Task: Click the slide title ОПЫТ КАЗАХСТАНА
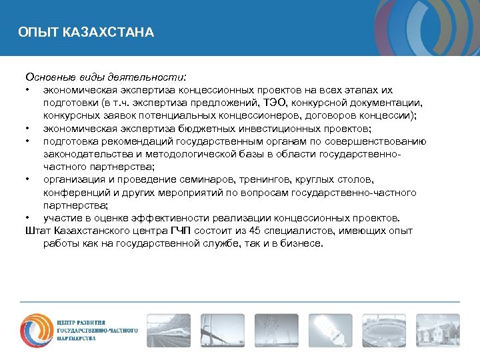pyautogui.click(x=86, y=32)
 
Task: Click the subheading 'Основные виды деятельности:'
pyautogui.click(x=106, y=76)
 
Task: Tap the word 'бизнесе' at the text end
pyautogui.click(x=303, y=243)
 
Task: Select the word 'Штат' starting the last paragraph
pyautogui.click(x=37, y=231)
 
